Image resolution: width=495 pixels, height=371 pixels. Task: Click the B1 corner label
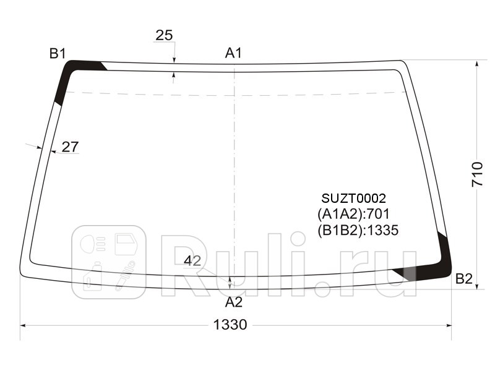point(58,53)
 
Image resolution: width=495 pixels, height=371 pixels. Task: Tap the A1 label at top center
point(233,53)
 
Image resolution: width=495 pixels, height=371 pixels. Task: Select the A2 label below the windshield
point(234,302)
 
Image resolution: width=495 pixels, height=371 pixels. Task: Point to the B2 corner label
point(463,279)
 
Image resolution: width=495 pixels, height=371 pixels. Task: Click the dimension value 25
point(164,35)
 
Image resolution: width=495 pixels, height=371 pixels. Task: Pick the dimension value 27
point(70,147)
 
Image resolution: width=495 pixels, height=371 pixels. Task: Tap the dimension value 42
point(192,261)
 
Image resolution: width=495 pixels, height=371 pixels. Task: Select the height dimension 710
point(477,174)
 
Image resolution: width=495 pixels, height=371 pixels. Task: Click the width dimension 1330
point(230,325)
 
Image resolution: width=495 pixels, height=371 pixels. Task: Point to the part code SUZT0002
point(353,198)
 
